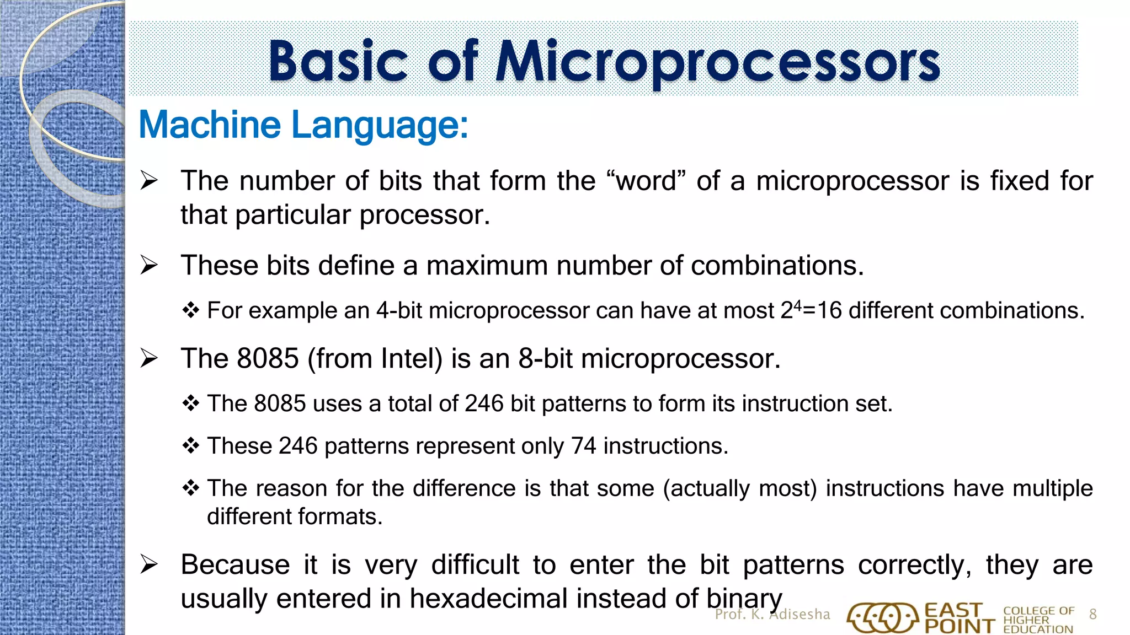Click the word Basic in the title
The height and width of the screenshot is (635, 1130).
tap(338, 62)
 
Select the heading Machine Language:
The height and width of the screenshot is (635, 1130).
tap(303, 125)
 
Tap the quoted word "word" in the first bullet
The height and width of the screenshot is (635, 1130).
tap(645, 181)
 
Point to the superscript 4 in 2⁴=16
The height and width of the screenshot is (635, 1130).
tap(797, 304)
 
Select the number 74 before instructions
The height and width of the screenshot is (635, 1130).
tap(584, 446)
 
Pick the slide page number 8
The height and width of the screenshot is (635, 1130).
tap(1092, 615)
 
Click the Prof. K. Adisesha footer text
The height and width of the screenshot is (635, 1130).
tap(772, 615)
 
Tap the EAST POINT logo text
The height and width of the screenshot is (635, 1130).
tap(959, 618)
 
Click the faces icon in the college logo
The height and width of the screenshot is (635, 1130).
tap(883, 618)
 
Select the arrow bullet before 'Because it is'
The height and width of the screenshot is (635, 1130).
tap(149, 564)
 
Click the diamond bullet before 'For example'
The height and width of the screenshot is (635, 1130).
tap(190, 310)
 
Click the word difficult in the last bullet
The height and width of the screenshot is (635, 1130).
tap(475, 565)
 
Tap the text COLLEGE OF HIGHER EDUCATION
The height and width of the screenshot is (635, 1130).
tap(1038, 620)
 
